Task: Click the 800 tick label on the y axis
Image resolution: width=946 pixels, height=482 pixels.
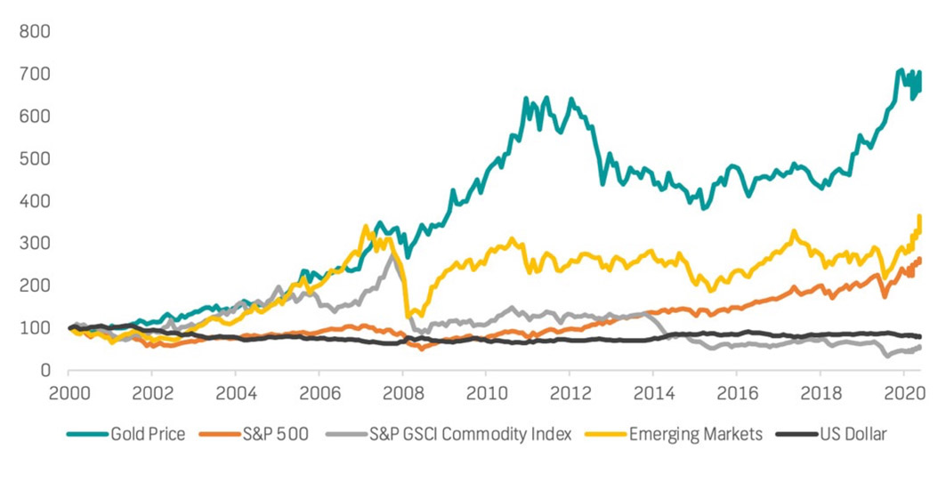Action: click(x=36, y=31)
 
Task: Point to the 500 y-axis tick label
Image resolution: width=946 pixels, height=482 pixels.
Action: click(x=36, y=158)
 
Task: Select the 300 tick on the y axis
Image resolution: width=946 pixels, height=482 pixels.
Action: click(x=36, y=243)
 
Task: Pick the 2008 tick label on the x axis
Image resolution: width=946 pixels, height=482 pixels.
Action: click(x=402, y=392)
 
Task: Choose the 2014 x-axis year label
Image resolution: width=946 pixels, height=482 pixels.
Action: click(x=653, y=392)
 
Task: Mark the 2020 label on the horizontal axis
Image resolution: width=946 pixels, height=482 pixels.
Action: click(x=903, y=392)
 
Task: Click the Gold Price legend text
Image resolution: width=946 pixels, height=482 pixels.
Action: click(x=148, y=434)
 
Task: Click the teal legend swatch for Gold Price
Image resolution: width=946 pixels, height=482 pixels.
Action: click(x=86, y=434)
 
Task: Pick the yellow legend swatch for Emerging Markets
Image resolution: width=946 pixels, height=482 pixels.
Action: click(x=610, y=434)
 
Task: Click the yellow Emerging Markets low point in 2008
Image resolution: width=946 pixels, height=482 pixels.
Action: click(x=408, y=316)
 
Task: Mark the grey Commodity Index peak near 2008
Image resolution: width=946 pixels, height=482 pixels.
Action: click(x=393, y=254)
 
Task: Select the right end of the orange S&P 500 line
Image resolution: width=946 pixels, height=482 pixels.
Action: click(x=919, y=259)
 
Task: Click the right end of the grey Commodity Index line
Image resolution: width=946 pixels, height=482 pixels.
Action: click(x=919, y=347)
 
